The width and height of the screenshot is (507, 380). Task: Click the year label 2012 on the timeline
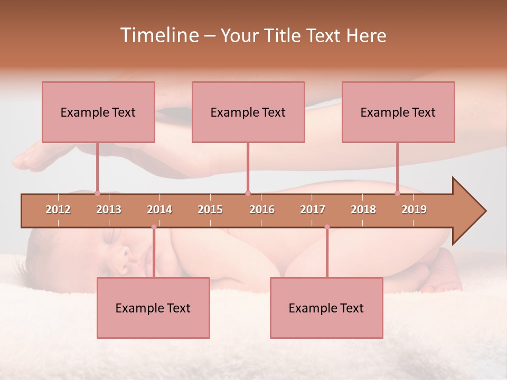pos(58,210)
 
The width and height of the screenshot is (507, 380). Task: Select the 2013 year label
pos(109,210)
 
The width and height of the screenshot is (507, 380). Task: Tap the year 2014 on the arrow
pos(159,210)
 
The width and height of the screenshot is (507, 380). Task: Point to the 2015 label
pos(210,210)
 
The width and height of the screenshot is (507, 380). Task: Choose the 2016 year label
pos(262,210)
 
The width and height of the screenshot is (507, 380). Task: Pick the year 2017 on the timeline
pos(313,210)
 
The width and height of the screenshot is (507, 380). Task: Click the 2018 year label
pos(363,210)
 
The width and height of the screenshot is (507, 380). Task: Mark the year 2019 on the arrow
pos(414,210)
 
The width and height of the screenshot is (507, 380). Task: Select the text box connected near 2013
pos(98,112)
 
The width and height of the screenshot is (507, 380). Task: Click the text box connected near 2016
pos(248,112)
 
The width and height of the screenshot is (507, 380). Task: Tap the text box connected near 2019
pos(398,112)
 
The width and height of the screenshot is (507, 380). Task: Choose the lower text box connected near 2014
pos(153,308)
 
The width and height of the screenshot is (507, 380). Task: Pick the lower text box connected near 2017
pos(326,308)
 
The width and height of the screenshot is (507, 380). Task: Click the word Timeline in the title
pos(158,35)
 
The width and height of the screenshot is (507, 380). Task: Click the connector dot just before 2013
pos(97,193)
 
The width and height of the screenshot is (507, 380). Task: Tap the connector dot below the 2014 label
pos(154,227)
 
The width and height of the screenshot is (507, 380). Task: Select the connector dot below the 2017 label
pos(327,227)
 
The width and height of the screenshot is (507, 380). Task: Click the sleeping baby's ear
pos(125,257)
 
